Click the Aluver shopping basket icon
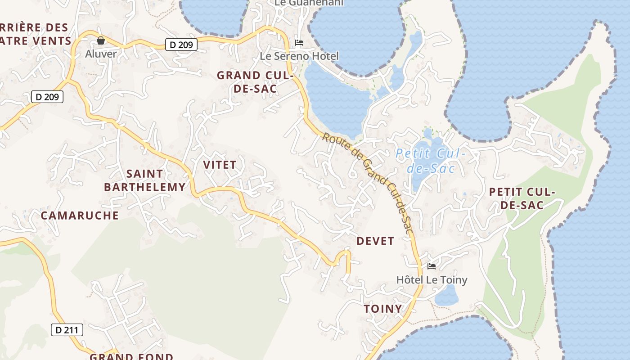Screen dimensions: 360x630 click(x=101, y=41)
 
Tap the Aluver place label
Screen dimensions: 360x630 click(x=101, y=54)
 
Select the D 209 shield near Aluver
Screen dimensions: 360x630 click(x=181, y=45)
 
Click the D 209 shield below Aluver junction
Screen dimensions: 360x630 click(x=47, y=97)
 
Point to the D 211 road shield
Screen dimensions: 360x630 click(x=67, y=330)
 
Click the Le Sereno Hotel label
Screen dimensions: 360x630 click(x=299, y=56)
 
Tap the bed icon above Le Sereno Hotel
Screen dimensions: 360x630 click(x=299, y=43)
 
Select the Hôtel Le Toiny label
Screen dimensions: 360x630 click(x=432, y=280)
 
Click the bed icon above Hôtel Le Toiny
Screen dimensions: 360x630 click(x=432, y=266)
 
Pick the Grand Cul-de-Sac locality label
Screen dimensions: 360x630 click(x=255, y=82)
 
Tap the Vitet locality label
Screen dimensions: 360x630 click(x=220, y=165)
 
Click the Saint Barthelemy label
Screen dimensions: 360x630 click(x=144, y=180)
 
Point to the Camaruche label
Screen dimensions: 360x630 click(x=80, y=216)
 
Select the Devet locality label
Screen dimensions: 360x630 click(x=375, y=241)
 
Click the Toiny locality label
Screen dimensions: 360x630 click(x=382, y=309)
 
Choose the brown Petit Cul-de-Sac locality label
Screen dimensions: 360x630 click(x=522, y=198)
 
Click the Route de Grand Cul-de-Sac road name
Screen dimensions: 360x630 click(x=368, y=182)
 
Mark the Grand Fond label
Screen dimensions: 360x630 click(x=131, y=356)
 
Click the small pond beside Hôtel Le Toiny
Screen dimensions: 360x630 click(x=446, y=296)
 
